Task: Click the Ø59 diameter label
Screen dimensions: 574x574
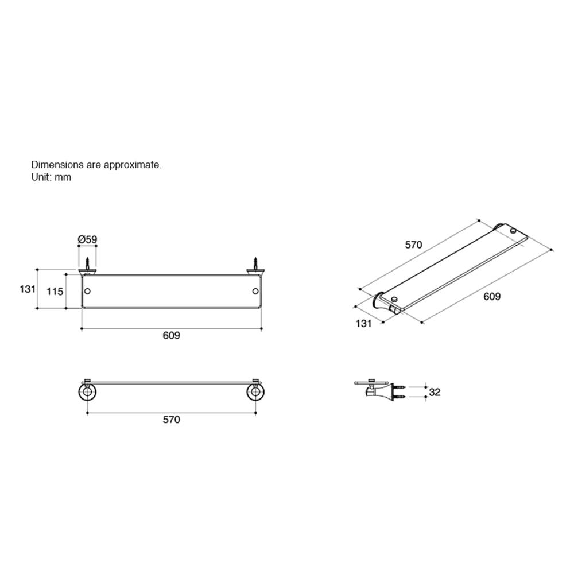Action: click(87, 238)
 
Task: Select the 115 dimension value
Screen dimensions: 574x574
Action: click(55, 292)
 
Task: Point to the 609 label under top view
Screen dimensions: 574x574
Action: click(171, 336)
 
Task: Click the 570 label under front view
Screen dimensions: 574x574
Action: click(171, 420)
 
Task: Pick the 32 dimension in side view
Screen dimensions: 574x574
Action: click(435, 393)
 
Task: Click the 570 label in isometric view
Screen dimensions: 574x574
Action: click(413, 245)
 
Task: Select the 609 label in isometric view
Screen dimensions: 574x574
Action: click(492, 297)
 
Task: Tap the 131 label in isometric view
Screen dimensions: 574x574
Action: click(363, 323)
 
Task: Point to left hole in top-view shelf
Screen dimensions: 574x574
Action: click(87, 292)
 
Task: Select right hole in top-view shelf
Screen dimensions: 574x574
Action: click(254, 292)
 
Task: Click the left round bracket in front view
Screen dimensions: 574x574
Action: click(87, 393)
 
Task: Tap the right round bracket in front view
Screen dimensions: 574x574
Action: click(254, 393)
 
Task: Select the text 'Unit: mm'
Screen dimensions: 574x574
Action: click(51, 177)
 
